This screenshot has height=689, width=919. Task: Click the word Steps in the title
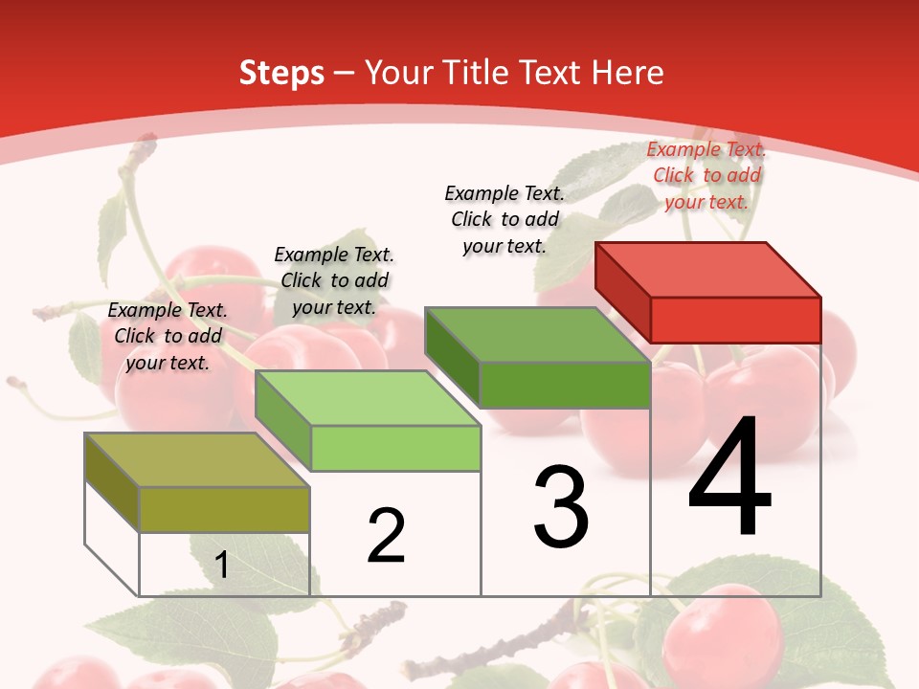(280, 73)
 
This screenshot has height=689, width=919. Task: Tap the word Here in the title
(627, 73)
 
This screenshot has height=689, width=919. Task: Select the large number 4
(729, 478)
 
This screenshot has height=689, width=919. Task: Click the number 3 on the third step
(561, 506)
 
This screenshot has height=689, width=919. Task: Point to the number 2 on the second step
(387, 536)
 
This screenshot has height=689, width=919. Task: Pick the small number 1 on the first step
(221, 566)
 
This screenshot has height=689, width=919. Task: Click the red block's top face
(708, 269)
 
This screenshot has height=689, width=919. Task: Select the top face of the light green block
(368, 398)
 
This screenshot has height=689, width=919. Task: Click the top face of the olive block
(197, 460)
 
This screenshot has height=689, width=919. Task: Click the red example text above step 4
(706, 175)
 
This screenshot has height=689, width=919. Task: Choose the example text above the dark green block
(504, 219)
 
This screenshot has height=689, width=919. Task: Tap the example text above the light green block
(334, 280)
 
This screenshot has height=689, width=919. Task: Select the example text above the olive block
(168, 336)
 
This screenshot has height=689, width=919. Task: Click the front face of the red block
(735, 320)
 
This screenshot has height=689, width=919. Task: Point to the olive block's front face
(224, 509)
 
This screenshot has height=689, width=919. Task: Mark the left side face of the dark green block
(452, 356)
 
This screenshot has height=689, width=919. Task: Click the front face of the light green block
(395, 448)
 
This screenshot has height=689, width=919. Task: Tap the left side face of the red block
(622, 291)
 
